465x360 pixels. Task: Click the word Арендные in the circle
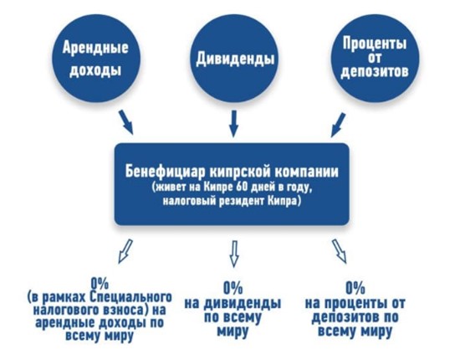click(95, 48)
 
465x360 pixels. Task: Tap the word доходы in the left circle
click(95, 70)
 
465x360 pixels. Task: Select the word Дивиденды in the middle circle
click(235, 59)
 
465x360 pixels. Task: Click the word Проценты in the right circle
click(375, 44)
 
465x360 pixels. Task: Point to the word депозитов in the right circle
click(375, 70)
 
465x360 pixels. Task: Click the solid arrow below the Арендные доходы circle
click(126, 122)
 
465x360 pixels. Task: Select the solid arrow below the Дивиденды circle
click(233, 123)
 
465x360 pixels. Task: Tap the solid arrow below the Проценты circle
click(338, 125)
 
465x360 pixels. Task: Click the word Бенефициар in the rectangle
click(164, 172)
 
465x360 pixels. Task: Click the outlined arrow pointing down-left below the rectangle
click(125, 251)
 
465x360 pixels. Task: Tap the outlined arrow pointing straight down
click(234, 254)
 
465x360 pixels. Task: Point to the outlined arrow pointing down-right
click(340, 251)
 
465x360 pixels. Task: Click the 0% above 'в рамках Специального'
click(100, 285)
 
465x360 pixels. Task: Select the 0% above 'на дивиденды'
click(233, 287)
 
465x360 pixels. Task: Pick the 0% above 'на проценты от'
click(355, 287)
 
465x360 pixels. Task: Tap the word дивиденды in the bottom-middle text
click(243, 303)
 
